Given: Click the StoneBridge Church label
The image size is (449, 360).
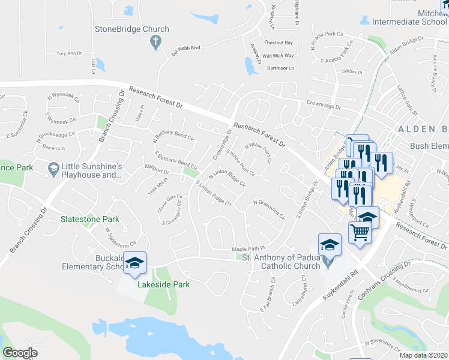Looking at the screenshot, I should pyautogui.click(x=132, y=29).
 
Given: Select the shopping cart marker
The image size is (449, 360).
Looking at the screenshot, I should pyautogui.click(x=360, y=232).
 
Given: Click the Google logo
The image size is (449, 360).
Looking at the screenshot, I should pyautogui.click(x=20, y=353).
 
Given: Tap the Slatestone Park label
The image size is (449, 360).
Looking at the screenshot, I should pyautogui.click(x=89, y=219).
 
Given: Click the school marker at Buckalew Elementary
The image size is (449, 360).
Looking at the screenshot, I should pyautogui.click(x=136, y=263).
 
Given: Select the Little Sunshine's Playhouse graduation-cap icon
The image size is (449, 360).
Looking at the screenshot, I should pyautogui.click(x=54, y=167).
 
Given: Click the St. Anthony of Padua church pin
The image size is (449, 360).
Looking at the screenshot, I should pyautogui.click(x=327, y=262).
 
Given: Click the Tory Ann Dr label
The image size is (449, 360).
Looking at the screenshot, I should pyautogui.click(x=68, y=53).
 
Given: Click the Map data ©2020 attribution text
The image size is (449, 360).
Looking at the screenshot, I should pyautogui.click(x=424, y=355).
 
